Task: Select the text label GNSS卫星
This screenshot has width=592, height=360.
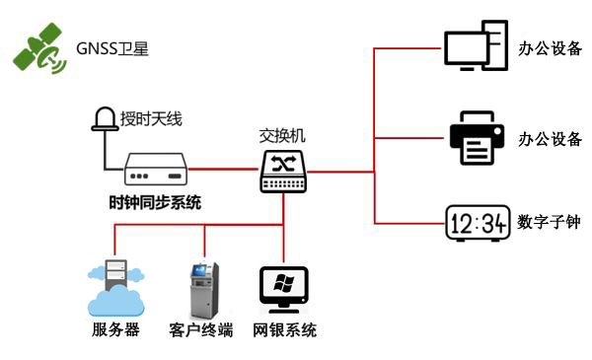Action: (112, 48)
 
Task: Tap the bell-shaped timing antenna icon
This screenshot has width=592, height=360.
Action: (104, 119)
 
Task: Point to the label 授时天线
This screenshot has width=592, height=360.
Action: (151, 120)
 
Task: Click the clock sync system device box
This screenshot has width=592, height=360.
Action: (157, 169)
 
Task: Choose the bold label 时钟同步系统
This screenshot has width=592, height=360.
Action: (155, 203)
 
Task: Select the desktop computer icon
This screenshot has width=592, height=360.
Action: (476, 46)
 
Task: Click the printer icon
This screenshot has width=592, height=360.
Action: (478, 138)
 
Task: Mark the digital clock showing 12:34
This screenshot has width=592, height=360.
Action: (477, 223)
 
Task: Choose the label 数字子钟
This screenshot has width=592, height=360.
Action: (549, 223)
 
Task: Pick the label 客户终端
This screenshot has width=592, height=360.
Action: (201, 330)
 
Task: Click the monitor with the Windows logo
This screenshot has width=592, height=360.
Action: (284, 289)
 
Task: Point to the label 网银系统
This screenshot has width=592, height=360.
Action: (285, 330)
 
